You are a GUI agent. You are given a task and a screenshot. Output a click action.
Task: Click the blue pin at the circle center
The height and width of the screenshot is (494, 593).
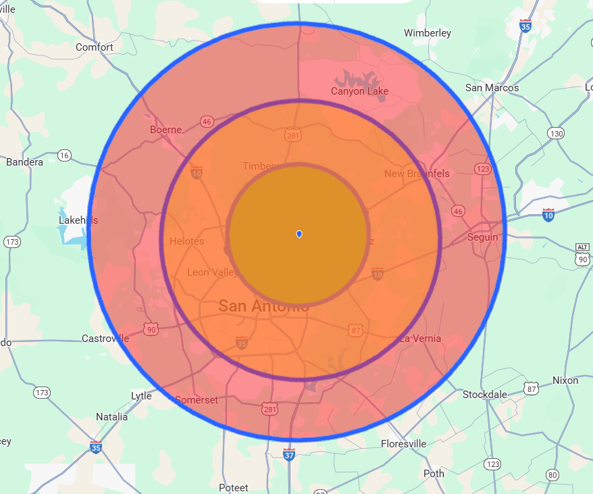tap(299, 234)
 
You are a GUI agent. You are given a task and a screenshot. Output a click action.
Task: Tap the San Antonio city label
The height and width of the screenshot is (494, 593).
tap(263, 306)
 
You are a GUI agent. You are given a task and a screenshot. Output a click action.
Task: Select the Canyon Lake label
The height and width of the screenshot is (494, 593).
tap(360, 91)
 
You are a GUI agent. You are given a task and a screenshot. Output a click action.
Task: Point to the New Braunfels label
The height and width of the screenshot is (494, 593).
tap(417, 174)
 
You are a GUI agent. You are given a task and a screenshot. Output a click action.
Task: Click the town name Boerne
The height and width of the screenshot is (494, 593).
tap(166, 130)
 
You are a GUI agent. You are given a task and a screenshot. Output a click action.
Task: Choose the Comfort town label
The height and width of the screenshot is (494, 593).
tap(95, 47)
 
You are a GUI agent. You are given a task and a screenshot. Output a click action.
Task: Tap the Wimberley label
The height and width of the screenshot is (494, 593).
tap(427, 33)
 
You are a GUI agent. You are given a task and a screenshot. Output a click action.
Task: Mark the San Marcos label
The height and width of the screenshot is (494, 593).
tap(492, 88)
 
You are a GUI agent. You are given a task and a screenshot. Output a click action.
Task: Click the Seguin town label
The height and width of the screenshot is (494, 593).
tap(483, 237)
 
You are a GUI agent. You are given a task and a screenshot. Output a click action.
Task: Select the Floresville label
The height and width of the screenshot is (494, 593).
tap(403, 444)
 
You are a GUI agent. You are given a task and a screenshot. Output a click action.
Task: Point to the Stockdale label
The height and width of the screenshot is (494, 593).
tap(485, 394)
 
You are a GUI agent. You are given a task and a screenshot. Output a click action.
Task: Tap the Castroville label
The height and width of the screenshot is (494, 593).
tap(105, 338)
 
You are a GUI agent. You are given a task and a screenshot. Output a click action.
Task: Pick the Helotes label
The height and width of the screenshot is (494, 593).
tap(186, 241)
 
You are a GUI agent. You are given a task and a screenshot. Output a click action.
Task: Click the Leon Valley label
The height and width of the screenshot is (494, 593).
tap(212, 272)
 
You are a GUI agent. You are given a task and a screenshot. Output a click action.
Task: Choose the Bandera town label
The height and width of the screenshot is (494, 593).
tap(24, 162)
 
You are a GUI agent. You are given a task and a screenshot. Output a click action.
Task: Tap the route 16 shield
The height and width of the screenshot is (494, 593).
tap(64, 155)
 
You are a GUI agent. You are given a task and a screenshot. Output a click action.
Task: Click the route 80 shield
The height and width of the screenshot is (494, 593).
tap(553, 475)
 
